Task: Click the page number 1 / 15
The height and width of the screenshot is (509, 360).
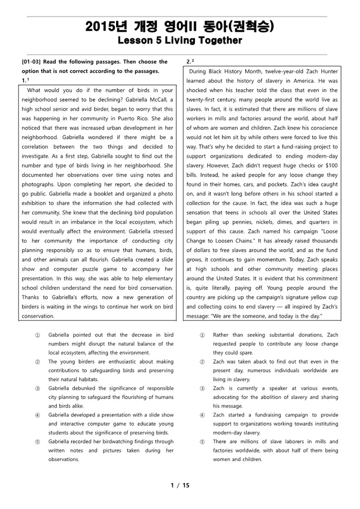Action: tap(180, 485)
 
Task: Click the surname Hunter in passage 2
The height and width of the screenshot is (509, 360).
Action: tap(327, 71)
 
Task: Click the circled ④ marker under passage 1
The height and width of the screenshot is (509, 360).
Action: tap(37, 415)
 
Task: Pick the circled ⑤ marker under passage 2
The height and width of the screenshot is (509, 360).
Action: tap(202, 441)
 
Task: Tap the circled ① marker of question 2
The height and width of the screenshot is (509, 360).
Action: tap(202, 335)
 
